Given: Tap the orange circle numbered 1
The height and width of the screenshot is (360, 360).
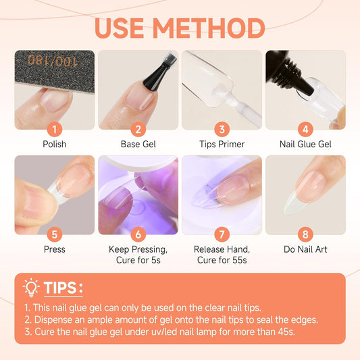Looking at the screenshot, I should [x=54, y=128].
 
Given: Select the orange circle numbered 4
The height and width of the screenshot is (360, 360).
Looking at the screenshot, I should [x=305, y=128].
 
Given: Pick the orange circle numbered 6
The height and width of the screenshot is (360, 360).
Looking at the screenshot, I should [x=138, y=234].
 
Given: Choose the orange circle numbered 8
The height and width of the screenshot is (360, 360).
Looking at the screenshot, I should [x=305, y=234].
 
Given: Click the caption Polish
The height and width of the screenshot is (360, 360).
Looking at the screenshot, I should [x=54, y=143].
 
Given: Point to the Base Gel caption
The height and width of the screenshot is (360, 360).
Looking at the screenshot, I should [x=138, y=143].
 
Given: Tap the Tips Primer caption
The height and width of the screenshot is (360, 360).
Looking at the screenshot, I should [x=222, y=143].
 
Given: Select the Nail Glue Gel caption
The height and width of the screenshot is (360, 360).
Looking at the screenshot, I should [x=305, y=143].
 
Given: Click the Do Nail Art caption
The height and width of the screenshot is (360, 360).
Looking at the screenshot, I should [x=305, y=249].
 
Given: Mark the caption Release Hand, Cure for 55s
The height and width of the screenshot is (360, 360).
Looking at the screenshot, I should [x=222, y=254].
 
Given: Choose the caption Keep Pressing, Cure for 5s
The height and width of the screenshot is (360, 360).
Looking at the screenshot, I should [x=138, y=254].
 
